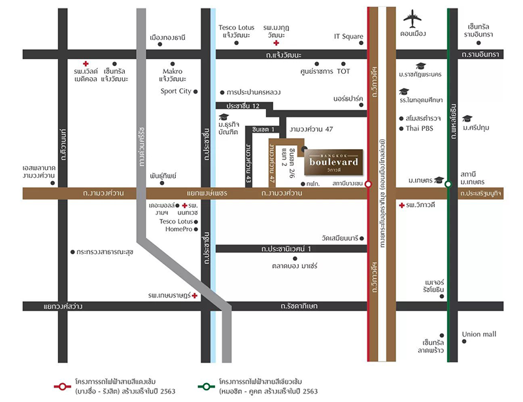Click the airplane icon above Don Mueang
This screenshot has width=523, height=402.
(413, 17)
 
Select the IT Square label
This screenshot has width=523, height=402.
(348, 37)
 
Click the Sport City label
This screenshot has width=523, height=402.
(176, 92)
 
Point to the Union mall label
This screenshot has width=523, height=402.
(479, 334)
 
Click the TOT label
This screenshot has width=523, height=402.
(344, 71)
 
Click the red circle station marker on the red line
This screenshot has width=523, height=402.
(369, 185)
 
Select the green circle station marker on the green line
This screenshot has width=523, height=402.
(448, 185)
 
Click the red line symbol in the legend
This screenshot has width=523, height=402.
(62, 386)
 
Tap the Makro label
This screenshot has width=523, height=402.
(172, 71)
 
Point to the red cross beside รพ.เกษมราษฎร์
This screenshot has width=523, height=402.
(194, 296)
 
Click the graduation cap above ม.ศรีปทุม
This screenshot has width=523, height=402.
(467, 118)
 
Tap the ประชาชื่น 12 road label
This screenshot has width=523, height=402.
(243, 105)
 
